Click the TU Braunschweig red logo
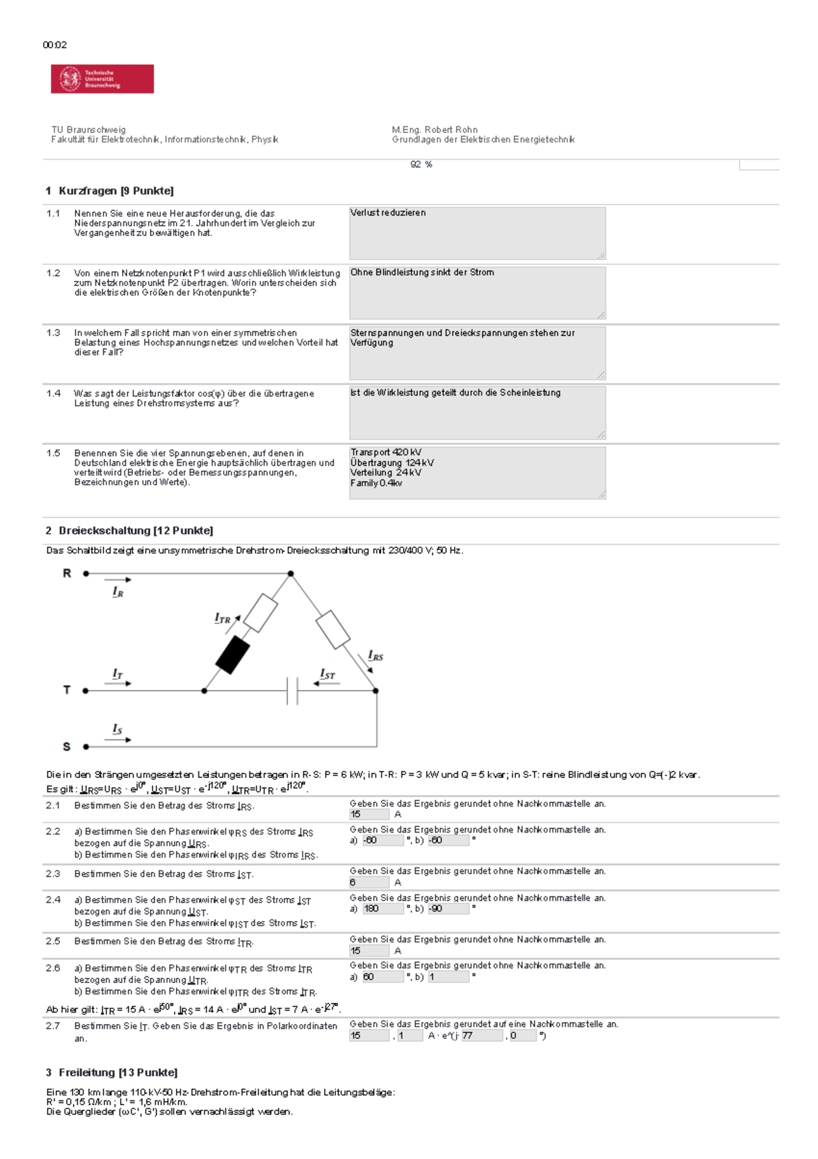(x=102, y=79)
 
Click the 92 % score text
(x=421, y=164)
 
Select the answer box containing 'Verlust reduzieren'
(x=477, y=233)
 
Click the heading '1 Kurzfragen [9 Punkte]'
(x=110, y=191)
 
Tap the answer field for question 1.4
(x=477, y=413)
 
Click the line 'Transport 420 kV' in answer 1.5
(x=386, y=452)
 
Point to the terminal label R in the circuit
(x=67, y=573)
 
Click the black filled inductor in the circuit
(x=232, y=654)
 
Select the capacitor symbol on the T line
(x=292, y=691)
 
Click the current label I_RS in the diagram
(x=376, y=656)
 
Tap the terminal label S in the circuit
(x=67, y=747)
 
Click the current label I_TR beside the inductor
(x=223, y=618)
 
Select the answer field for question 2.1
(x=369, y=814)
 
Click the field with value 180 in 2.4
(x=382, y=909)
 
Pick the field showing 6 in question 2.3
(x=369, y=882)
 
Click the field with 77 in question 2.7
(x=481, y=1036)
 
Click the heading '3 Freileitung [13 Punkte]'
(x=111, y=1072)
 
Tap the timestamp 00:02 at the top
(x=55, y=45)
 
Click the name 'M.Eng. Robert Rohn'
(x=434, y=130)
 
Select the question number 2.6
(x=53, y=968)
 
